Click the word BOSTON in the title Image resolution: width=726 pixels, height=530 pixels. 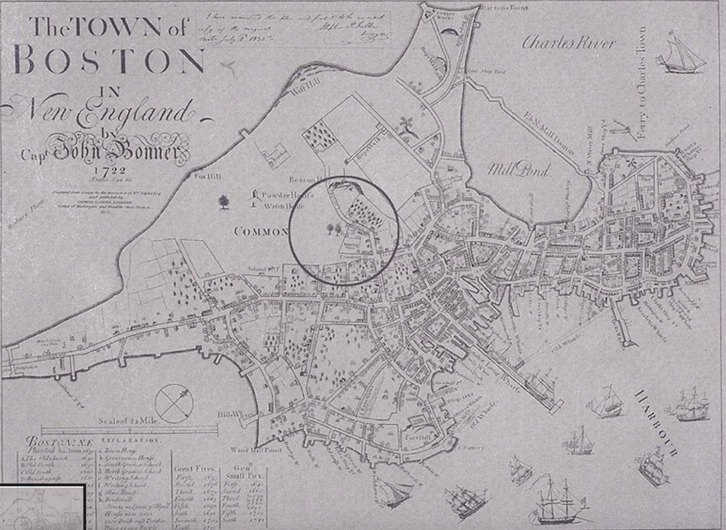tap(109, 62)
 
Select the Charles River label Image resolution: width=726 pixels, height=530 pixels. tap(569, 43)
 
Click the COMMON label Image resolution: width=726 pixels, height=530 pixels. tap(260, 231)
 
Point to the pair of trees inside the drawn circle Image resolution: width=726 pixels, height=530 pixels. tap(334, 228)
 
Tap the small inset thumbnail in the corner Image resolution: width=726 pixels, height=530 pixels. tap(42, 507)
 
